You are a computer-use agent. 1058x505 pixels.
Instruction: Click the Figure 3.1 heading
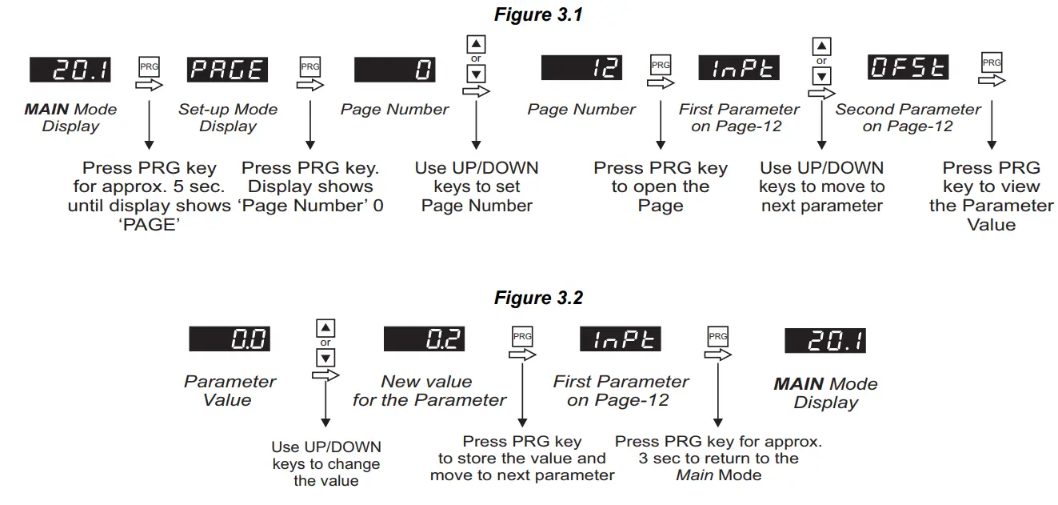[x=538, y=15]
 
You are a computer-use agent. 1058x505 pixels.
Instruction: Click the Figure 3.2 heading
[x=538, y=299]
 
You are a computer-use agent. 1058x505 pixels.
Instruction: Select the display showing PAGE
[x=227, y=69]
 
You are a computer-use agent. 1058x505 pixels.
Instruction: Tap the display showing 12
[x=581, y=68]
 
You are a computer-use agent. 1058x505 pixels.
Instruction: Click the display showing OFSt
[x=908, y=68]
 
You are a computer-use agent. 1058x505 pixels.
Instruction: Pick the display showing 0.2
[x=424, y=339]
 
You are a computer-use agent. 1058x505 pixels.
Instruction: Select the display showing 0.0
[x=229, y=339]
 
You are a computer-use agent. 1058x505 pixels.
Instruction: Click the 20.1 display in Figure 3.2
[x=825, y=341]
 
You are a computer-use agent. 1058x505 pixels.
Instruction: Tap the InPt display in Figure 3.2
[x=621, y=339]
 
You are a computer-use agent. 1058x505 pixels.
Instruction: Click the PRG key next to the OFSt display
[x=992, y=63]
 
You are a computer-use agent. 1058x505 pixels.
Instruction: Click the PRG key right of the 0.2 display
[x=522, y=337]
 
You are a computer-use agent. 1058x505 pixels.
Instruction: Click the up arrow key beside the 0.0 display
[x=326, y=328]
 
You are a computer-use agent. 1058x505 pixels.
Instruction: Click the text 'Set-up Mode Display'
[x=228, y=118]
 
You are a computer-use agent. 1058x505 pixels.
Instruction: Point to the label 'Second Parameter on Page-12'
[x=908, y=118]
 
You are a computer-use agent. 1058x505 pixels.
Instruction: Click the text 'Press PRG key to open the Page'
[x=661, y=186]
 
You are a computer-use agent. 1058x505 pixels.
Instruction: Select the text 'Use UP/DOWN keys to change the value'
[x=326, y=464]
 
